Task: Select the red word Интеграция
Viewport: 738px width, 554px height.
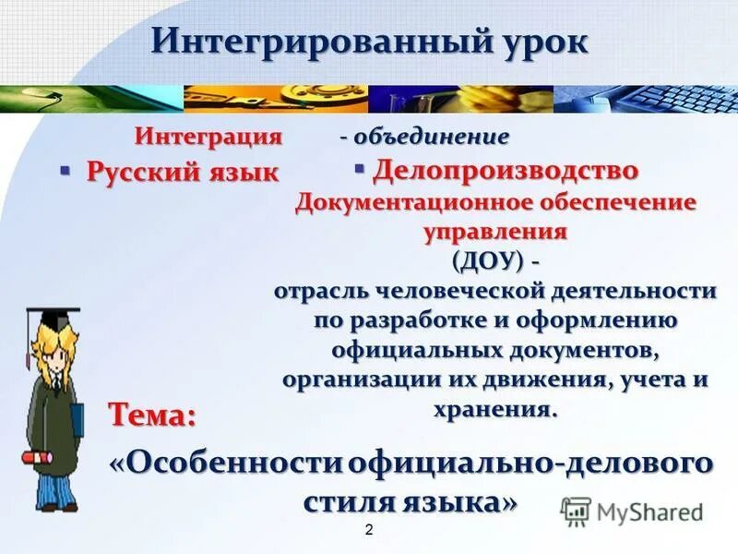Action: click(x=208, y=137)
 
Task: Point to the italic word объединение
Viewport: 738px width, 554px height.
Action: click(x=431, y=137)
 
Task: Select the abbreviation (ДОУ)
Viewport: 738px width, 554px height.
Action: click(x=488, y=260)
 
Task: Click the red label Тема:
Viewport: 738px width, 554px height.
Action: click(x=152, y=415)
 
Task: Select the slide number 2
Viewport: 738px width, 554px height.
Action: click(x=369, y=530)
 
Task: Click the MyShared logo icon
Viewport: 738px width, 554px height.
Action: click(x=576, y=511)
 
